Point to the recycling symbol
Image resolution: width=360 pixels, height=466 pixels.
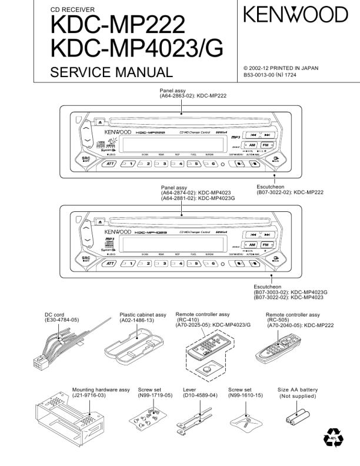(x=333, y=439)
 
